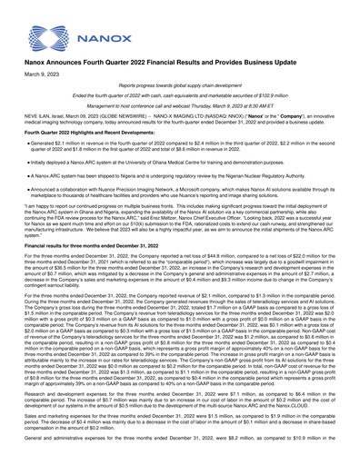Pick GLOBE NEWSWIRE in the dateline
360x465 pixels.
tap(101, 137)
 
